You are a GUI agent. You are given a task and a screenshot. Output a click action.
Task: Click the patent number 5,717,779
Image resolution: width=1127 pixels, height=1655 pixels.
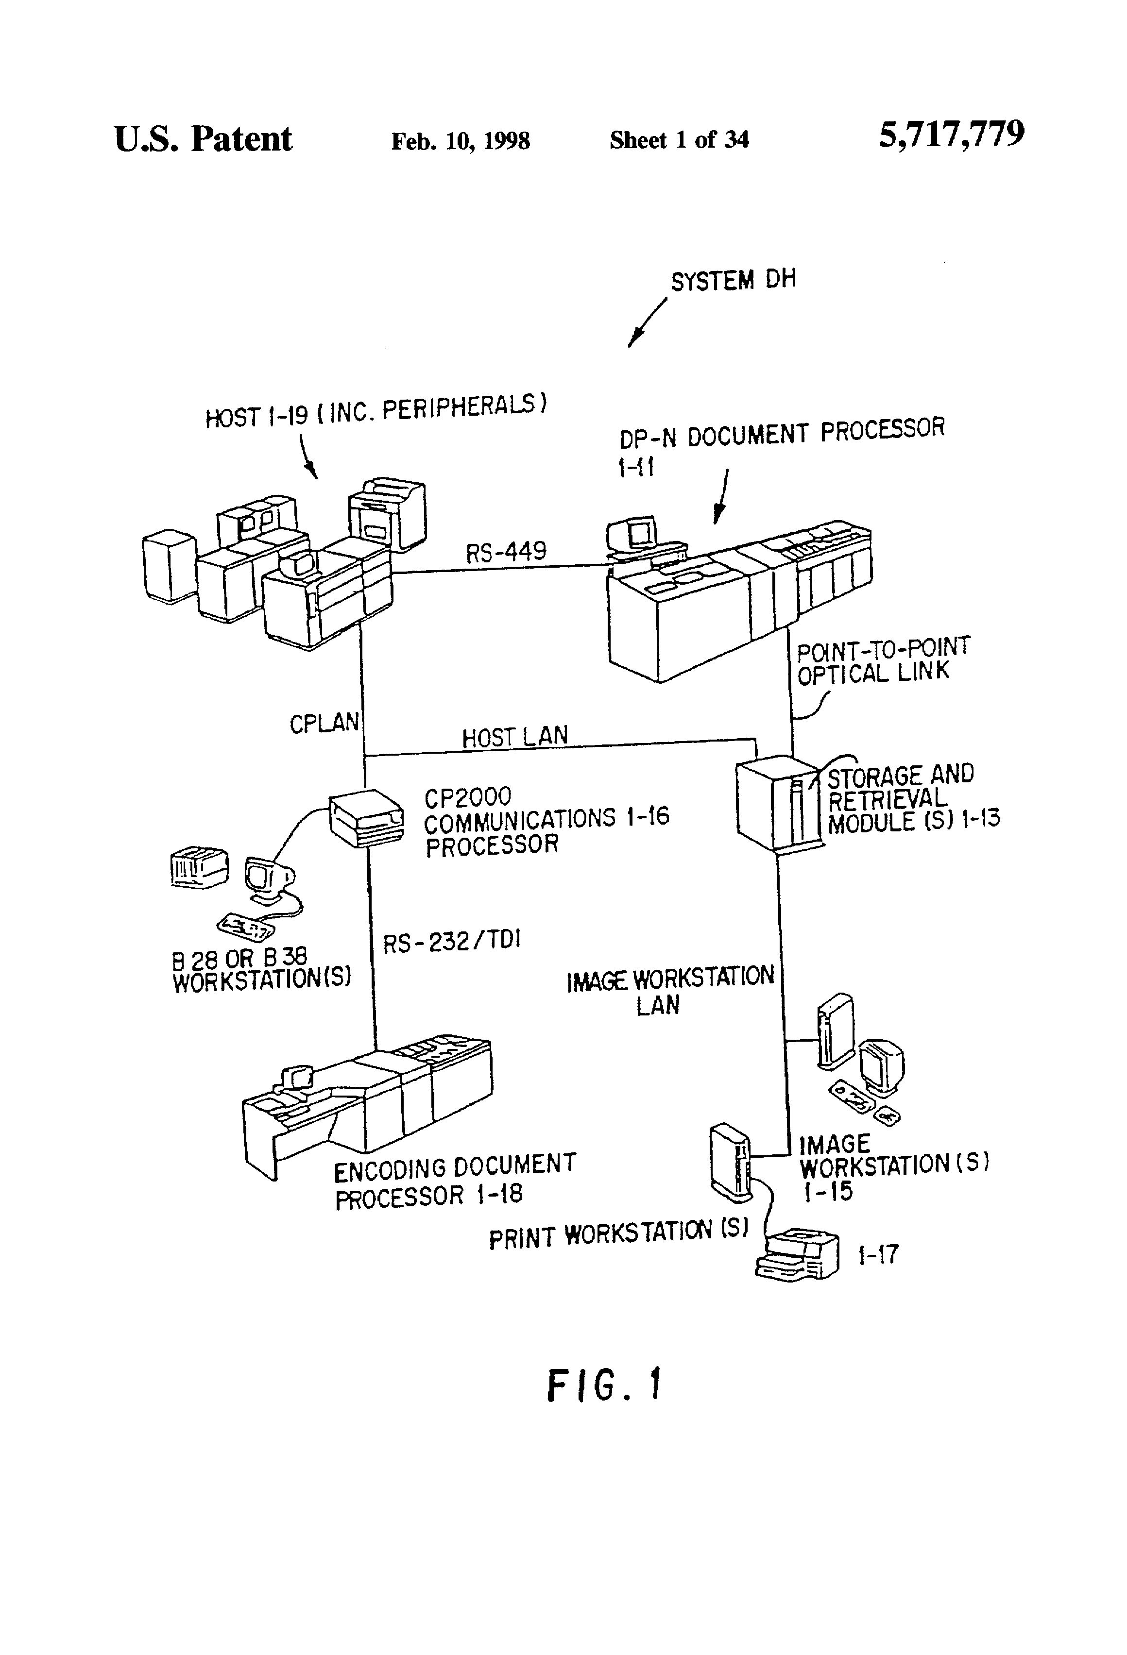click(x=952, y=134)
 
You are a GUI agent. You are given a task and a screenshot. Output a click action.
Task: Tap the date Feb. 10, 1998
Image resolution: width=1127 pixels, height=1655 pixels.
click(x=460, y=141)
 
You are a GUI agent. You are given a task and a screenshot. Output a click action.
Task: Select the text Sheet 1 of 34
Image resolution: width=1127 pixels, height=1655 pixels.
click(x=679, y=139)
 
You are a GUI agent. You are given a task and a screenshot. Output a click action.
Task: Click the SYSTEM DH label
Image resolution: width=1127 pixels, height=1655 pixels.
click(x=733, y=280)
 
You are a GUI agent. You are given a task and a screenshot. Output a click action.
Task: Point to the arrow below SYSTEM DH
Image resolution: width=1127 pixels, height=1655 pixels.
click(x=647, y=322)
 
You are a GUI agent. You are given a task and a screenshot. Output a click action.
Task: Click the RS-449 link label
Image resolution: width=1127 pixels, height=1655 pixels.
click(x=507, y=551)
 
